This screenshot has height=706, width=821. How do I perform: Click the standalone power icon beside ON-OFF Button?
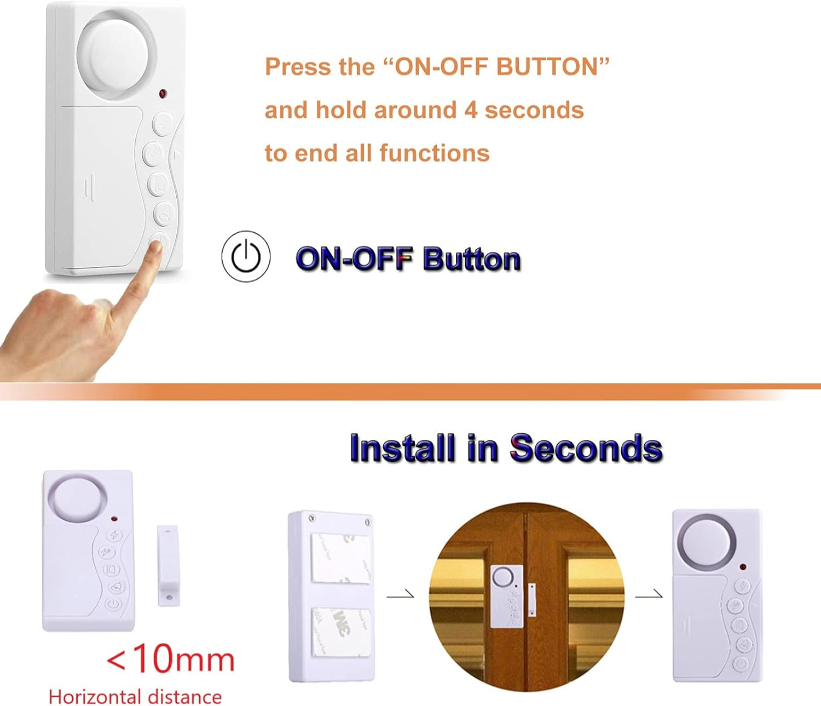click(x=246, y=256)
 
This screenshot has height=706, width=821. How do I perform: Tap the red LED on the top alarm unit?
click(x=163, y=94)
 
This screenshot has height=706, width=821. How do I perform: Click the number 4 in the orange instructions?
click(x=471, y=110)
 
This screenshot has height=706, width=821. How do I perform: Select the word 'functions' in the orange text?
click(x=435, y=153)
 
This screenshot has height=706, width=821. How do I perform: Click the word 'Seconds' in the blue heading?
click(x=586, y=448)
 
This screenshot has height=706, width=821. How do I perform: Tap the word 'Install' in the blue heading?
click(x=402, y=448)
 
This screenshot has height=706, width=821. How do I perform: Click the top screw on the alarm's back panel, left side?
click(x=312, y=518)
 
